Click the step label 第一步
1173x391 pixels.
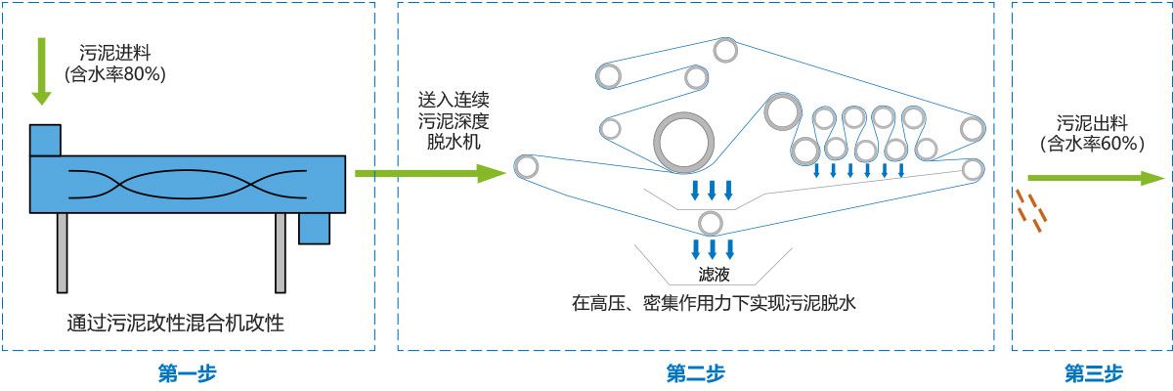186,372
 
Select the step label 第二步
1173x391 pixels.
695,372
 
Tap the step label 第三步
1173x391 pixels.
1093,372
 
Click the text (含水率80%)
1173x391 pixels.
114,73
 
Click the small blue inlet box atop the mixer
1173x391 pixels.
45,140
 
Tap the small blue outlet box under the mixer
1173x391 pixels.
314,227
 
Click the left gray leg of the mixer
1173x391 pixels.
63,252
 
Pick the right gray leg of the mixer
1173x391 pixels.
281,252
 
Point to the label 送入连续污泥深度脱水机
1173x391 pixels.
453,121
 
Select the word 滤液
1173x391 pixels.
712,275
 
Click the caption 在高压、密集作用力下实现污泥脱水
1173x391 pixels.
714,303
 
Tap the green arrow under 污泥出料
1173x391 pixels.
1091,179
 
